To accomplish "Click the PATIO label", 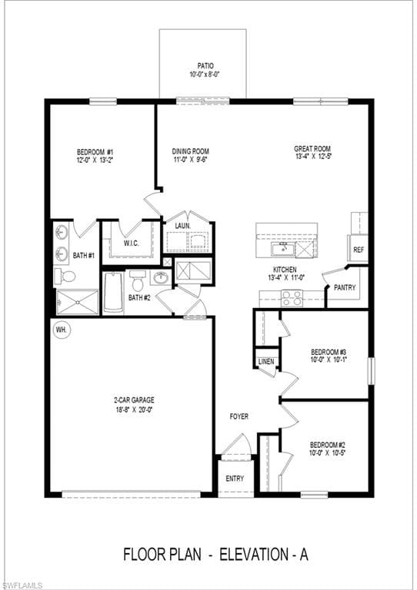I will click(x=204, y=66).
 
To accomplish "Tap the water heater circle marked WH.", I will click(x=61, y=330).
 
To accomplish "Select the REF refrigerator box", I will click(x=358, y=250).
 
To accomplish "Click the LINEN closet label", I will click(x=266, y=360).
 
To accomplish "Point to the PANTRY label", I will click(x=343, y=287).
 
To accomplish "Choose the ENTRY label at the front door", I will click(x=235, y=479).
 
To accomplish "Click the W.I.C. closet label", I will click(x=131, y=244).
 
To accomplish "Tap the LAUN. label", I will click(x=182, y=226).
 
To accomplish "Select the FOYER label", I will click(x=239, y=416).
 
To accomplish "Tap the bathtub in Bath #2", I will click(x=113, y=293).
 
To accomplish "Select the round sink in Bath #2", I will click(x=162, y=277).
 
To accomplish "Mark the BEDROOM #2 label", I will click(x=328, y=445).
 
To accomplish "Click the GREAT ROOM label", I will click(x=312, y=148).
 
